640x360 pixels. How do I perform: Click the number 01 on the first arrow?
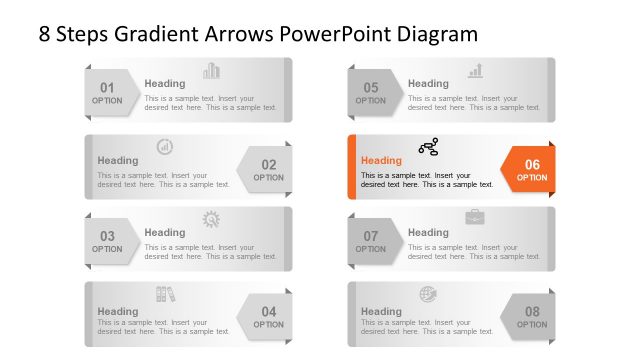coord(107,87)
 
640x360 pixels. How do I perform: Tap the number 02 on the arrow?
coord(269,164)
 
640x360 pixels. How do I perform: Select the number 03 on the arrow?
coord(107,237)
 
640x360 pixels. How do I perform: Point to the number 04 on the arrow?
coord(269,312)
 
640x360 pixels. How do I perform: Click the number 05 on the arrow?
coord(370,87)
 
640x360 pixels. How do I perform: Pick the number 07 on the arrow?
coord(370,237)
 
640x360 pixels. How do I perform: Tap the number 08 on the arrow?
coord(532,312)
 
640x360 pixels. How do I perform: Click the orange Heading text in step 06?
coord(381,160)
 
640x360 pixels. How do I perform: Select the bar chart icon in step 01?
coord(211,71)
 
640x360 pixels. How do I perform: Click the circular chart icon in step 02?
coord(165,147)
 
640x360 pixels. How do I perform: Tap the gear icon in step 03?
coord(211,219)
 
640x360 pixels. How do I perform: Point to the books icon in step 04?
coord(165,293)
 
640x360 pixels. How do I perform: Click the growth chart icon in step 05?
coord(475,71)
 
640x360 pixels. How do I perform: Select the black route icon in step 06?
coord(428,147)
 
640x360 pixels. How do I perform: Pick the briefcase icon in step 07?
coord(475,217)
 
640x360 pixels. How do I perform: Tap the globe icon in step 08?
coord(428,293)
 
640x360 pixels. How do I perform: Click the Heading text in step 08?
coord(381,311)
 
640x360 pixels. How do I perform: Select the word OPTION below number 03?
coord(107,250)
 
